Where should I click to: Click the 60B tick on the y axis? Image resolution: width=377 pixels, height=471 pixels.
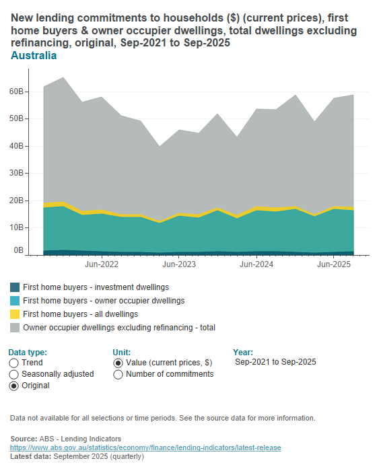[x=18, y=91]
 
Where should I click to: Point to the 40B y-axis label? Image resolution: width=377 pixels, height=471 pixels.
[x=18, y=145]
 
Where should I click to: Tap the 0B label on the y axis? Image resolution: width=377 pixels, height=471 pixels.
[x=20, y=250]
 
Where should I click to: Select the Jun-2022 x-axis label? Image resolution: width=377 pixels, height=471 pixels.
[x=102, y=265]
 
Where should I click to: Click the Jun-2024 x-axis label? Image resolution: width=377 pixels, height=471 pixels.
[x=256, y=265]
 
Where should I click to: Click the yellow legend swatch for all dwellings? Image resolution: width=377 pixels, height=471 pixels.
[x=15, y=314]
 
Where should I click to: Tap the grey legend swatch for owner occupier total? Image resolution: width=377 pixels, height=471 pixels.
[x=15, y=328]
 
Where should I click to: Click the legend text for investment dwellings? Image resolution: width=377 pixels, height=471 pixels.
[x=96, y=287]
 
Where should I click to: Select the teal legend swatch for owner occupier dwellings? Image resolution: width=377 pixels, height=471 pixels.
[x=15, y=301]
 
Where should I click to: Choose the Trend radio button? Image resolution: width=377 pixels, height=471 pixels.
[x=14, y=363]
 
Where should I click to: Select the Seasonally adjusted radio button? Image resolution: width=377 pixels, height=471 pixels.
[x=14, y=375]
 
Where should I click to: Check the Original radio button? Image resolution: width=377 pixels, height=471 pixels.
[x=14, y=386]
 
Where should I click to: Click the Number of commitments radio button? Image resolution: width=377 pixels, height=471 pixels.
[x=118, y=375]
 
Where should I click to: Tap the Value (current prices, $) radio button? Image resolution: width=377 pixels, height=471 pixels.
[x=118, y=363]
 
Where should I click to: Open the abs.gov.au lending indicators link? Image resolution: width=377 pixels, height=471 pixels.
[x=145, y=447]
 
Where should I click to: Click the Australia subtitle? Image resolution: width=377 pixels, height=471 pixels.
[x=34, y=56]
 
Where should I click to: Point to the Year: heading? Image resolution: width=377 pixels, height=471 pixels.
[x=242, y=352]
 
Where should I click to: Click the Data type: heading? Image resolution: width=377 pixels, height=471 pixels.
[x=28, y=352]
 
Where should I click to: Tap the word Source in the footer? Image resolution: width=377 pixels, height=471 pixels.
[x=24, y=438]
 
